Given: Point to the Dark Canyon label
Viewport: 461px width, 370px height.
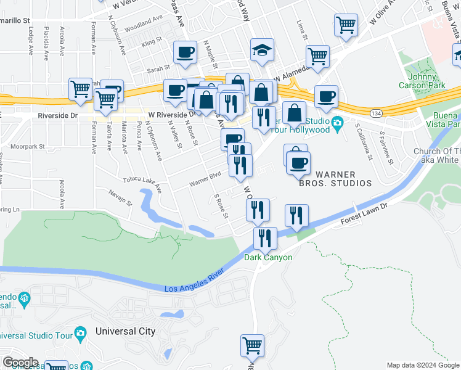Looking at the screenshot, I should (268, 257).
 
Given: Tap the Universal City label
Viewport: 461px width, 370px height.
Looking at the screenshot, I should (125, 331).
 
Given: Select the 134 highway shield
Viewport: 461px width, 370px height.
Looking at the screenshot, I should (375, 113).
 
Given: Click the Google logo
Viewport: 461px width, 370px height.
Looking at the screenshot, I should (20, 363).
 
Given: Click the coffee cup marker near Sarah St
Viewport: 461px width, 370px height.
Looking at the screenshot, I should (184, 53).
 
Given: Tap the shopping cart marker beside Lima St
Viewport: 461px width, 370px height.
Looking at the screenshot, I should (317, 57).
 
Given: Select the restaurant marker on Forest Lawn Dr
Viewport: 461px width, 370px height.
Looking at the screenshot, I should (296, 216).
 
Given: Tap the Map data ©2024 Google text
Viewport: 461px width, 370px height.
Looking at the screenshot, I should (423, 365).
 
